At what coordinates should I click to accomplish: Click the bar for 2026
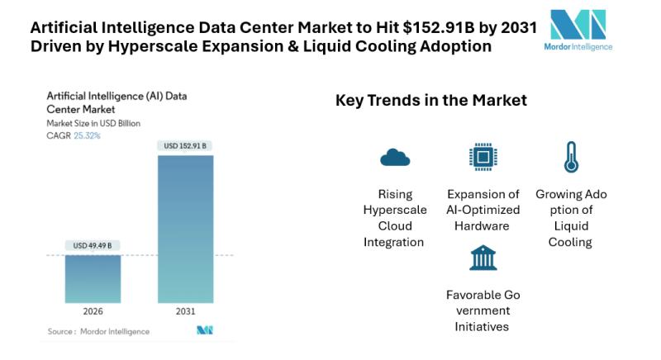tap(93, 280)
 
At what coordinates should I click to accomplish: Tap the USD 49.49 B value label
tap(93, 245)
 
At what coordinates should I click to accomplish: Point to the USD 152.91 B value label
tap(185, 146)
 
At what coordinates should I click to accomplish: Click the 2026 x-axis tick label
tap(93, 313)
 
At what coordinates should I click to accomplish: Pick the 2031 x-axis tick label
tap(184, 313)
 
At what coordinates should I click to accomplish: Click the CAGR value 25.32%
tap(87, 135)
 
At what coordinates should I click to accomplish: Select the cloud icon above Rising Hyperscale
tap(395, 157)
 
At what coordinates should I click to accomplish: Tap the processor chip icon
tap(483, 156)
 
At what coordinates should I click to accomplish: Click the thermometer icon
tap(570, 157)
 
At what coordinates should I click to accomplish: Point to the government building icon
tap(483, 258)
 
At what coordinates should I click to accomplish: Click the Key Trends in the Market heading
tap(431, 101)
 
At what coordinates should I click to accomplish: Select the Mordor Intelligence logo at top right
tap(578, 31)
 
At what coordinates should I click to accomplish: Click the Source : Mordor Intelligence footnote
tap(98, 331)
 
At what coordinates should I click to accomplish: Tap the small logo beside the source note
tap(204, 331)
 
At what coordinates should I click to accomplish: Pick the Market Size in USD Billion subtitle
tap(93, 124)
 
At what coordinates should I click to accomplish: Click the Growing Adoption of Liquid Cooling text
tap(570, 218)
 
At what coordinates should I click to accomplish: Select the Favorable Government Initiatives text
tap(483, 310)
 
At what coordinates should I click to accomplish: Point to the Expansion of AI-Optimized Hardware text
tap(483, 210)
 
